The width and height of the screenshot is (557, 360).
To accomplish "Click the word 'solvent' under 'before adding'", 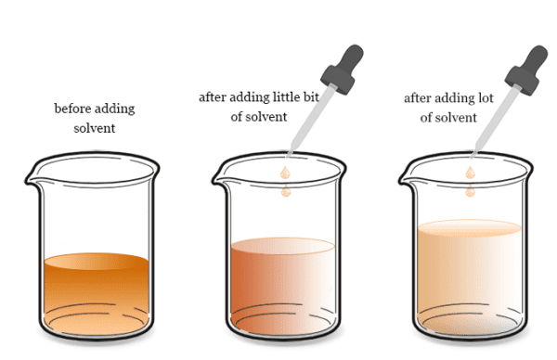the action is (x=95, y=128).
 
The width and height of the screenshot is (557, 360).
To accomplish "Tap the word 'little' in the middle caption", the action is (x=287, y=96).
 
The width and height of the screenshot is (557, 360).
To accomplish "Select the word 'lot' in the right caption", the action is (x=485, y=98).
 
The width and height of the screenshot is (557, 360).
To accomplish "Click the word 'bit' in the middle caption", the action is (x=311, y=96).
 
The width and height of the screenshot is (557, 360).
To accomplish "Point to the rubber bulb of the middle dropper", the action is (x=343, y=70).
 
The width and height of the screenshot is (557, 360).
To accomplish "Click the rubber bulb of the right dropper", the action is (x=526, y=71).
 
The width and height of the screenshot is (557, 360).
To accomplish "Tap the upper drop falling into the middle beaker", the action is (x=285, y=173).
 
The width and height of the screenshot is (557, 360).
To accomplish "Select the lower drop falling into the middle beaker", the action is (x=286, y=191).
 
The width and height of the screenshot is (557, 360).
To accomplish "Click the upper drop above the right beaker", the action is (x=471, y=173).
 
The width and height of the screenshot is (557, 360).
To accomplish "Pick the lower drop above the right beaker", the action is (x=471, y=191).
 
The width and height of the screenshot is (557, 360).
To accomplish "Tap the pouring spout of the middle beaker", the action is (x=219, y=179).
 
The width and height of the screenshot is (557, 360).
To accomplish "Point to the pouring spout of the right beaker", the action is (x=406, y=179).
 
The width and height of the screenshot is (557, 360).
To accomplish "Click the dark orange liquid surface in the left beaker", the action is (x=96, y=262).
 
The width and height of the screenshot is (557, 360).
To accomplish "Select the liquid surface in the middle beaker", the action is (x=283, y=246).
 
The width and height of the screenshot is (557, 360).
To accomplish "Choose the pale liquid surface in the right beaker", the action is (x=470, y=228).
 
